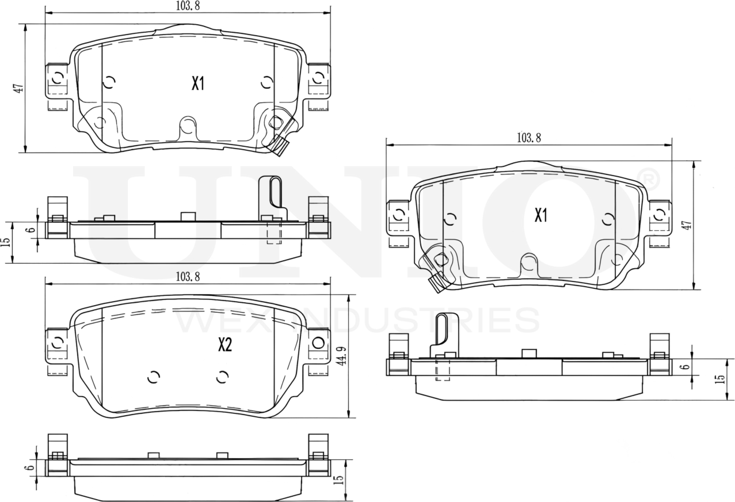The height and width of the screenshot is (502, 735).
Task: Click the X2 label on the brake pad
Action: point(224,345)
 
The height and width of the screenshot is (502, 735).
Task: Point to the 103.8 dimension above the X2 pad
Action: point(188,277)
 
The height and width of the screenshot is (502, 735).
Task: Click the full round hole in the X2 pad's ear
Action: point(318,344)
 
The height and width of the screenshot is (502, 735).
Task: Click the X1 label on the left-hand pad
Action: point(198,84)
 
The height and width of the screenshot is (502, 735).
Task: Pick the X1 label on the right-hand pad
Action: point(540,216)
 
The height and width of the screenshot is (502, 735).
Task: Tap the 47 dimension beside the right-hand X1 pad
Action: point(686,225)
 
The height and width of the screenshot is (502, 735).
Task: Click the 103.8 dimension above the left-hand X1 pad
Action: point(188,6)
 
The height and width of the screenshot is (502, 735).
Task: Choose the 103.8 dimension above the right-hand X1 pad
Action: point(528,138)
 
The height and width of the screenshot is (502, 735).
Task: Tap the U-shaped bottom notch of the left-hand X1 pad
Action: point(188,128)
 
